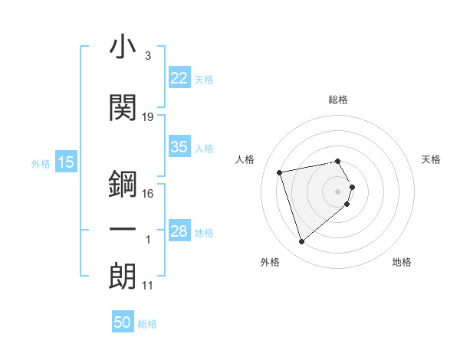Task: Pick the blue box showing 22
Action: click(179, 78)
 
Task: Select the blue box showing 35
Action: click(179, 147)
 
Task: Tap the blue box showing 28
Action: click(179, 231)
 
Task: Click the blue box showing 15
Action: click(65, 162)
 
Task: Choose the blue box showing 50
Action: click(123, 322)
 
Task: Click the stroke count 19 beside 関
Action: click(148, 117)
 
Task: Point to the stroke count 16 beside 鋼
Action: click(148, 194)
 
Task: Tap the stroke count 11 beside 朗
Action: click(148, 286)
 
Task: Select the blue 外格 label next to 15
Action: click(41, 164)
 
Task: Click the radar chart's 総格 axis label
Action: click(338, 100)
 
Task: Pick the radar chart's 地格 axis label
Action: click(402, 263)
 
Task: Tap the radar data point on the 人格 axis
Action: click(280, 172)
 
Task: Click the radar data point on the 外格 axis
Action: click(301, 242)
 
